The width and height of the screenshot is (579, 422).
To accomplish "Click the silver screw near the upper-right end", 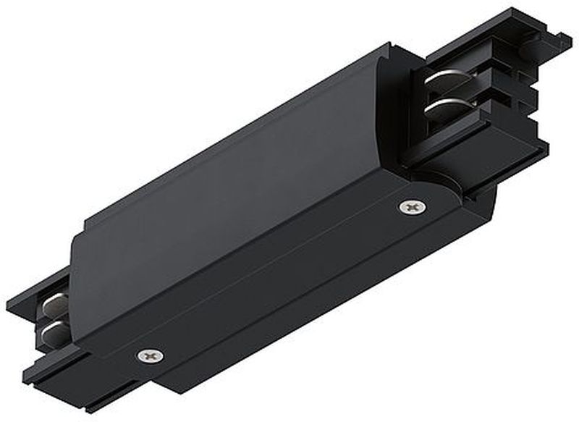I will tap(412, 207).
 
